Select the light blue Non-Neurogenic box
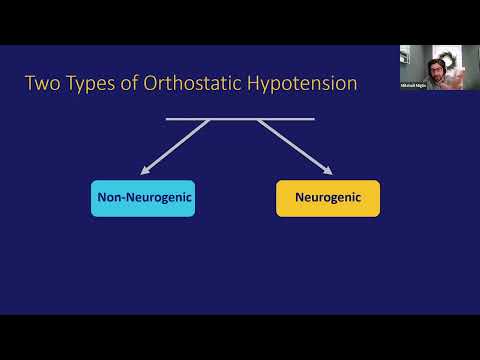pyautogui.click(x=142, y=198)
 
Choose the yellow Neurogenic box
pyautogui.click(x=328, y=198)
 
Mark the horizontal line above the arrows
pyautogui.click(x=240, y=119)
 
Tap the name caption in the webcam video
pyautogui.click(x=414, y=87)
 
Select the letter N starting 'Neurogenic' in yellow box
pyautogui.click(x=300, y=198)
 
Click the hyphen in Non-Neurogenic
pyautogui.click(x=124, y=198)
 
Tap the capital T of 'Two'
pyautogui.click(x=30, y=83)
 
